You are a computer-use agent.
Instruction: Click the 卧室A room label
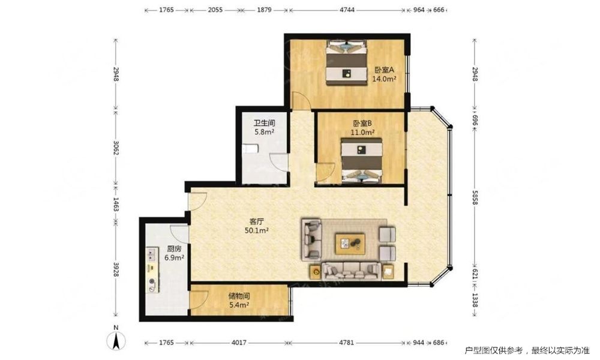pyautogui.click(x=384, y=70)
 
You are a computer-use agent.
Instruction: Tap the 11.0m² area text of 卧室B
pyautogui.click(x=362, y=133)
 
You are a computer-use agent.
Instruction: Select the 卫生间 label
pyautogui.click(x=265, y=123)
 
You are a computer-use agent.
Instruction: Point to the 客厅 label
pyautogui.click(x=256, y=221)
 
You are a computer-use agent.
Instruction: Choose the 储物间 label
pyautogui.click(x=239, y=296)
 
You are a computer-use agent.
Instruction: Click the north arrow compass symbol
pyautogui.click(x=116, y=338)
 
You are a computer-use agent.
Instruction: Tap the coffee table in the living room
pyautogui.click(x=350, y=244)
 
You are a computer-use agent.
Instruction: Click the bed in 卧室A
pyautogui.click(x=346, y=62)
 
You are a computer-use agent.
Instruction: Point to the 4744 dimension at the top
pyautogui.click(x=347, y=10)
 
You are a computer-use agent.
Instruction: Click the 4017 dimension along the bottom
pyautogui.click(x=239, y=343)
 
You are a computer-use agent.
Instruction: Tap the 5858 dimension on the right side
pyautogui.click(x=475, y=197)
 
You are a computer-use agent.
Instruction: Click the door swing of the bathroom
pyautogui.click(x=278, y=163)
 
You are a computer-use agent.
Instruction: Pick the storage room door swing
pyautogui.click(x=199, y=298)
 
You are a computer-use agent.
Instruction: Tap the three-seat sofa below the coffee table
pyautogui.click(x=351, y=271)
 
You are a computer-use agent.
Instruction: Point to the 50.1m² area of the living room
pyautogui.click(x=256, y=230)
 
